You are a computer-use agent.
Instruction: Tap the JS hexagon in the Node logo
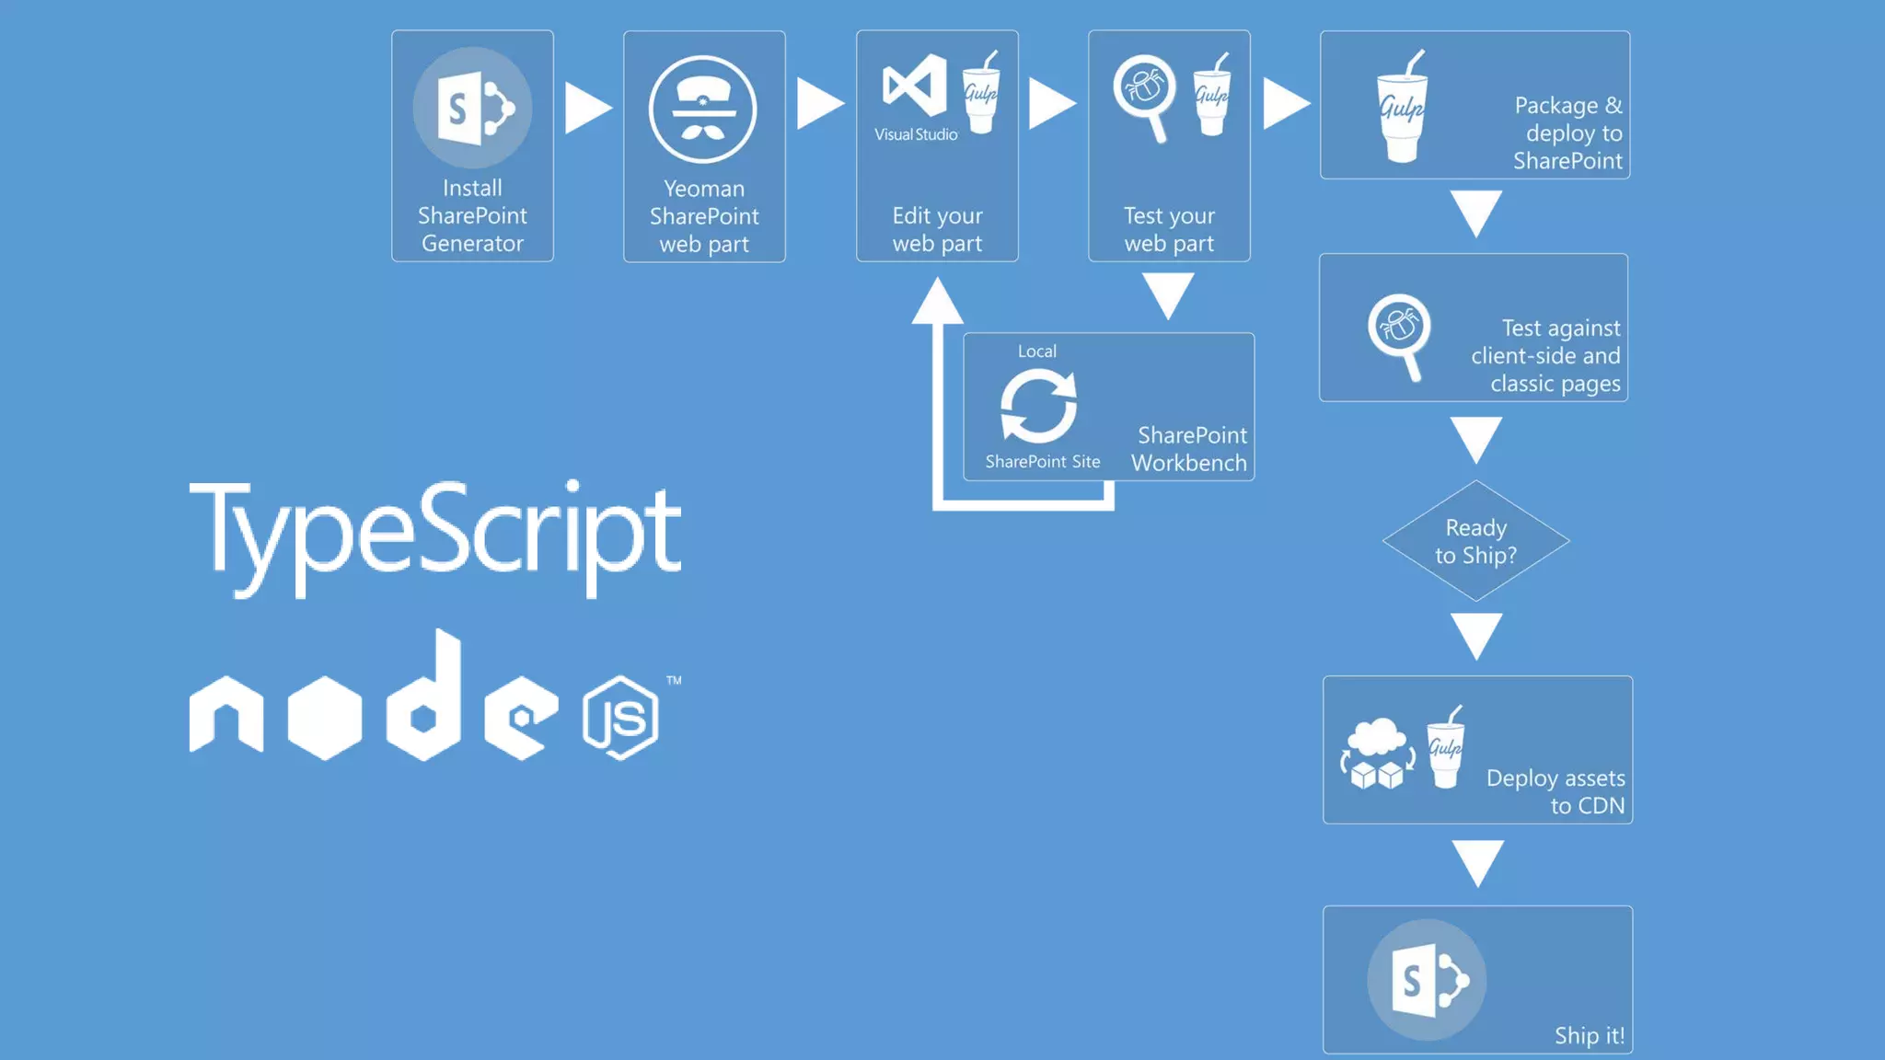tap(620, 718)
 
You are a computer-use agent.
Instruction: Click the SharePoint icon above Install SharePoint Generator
tap(472, 108)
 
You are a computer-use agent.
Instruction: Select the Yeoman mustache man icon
tap(703, 109)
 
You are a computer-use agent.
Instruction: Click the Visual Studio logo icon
tap(915, 86)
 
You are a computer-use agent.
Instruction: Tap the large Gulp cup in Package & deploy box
tap(1402, 108)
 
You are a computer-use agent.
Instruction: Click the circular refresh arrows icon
tap(1038, 406)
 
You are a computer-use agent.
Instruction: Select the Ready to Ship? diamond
tap(1475, 541)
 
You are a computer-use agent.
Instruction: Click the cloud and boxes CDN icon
tap(1377, 754)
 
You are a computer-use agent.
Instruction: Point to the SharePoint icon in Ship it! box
tap(1427, 980)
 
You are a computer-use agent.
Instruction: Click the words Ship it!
tap(1589, 1036)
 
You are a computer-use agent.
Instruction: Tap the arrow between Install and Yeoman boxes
tap(587, 108)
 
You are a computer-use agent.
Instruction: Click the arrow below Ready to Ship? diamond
tap(1476, 635)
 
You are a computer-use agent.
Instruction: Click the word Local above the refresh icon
tap(1036, 351)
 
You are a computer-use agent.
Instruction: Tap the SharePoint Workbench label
tap(1189, 449)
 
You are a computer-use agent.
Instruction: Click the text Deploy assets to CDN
tap(1555, 791)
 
